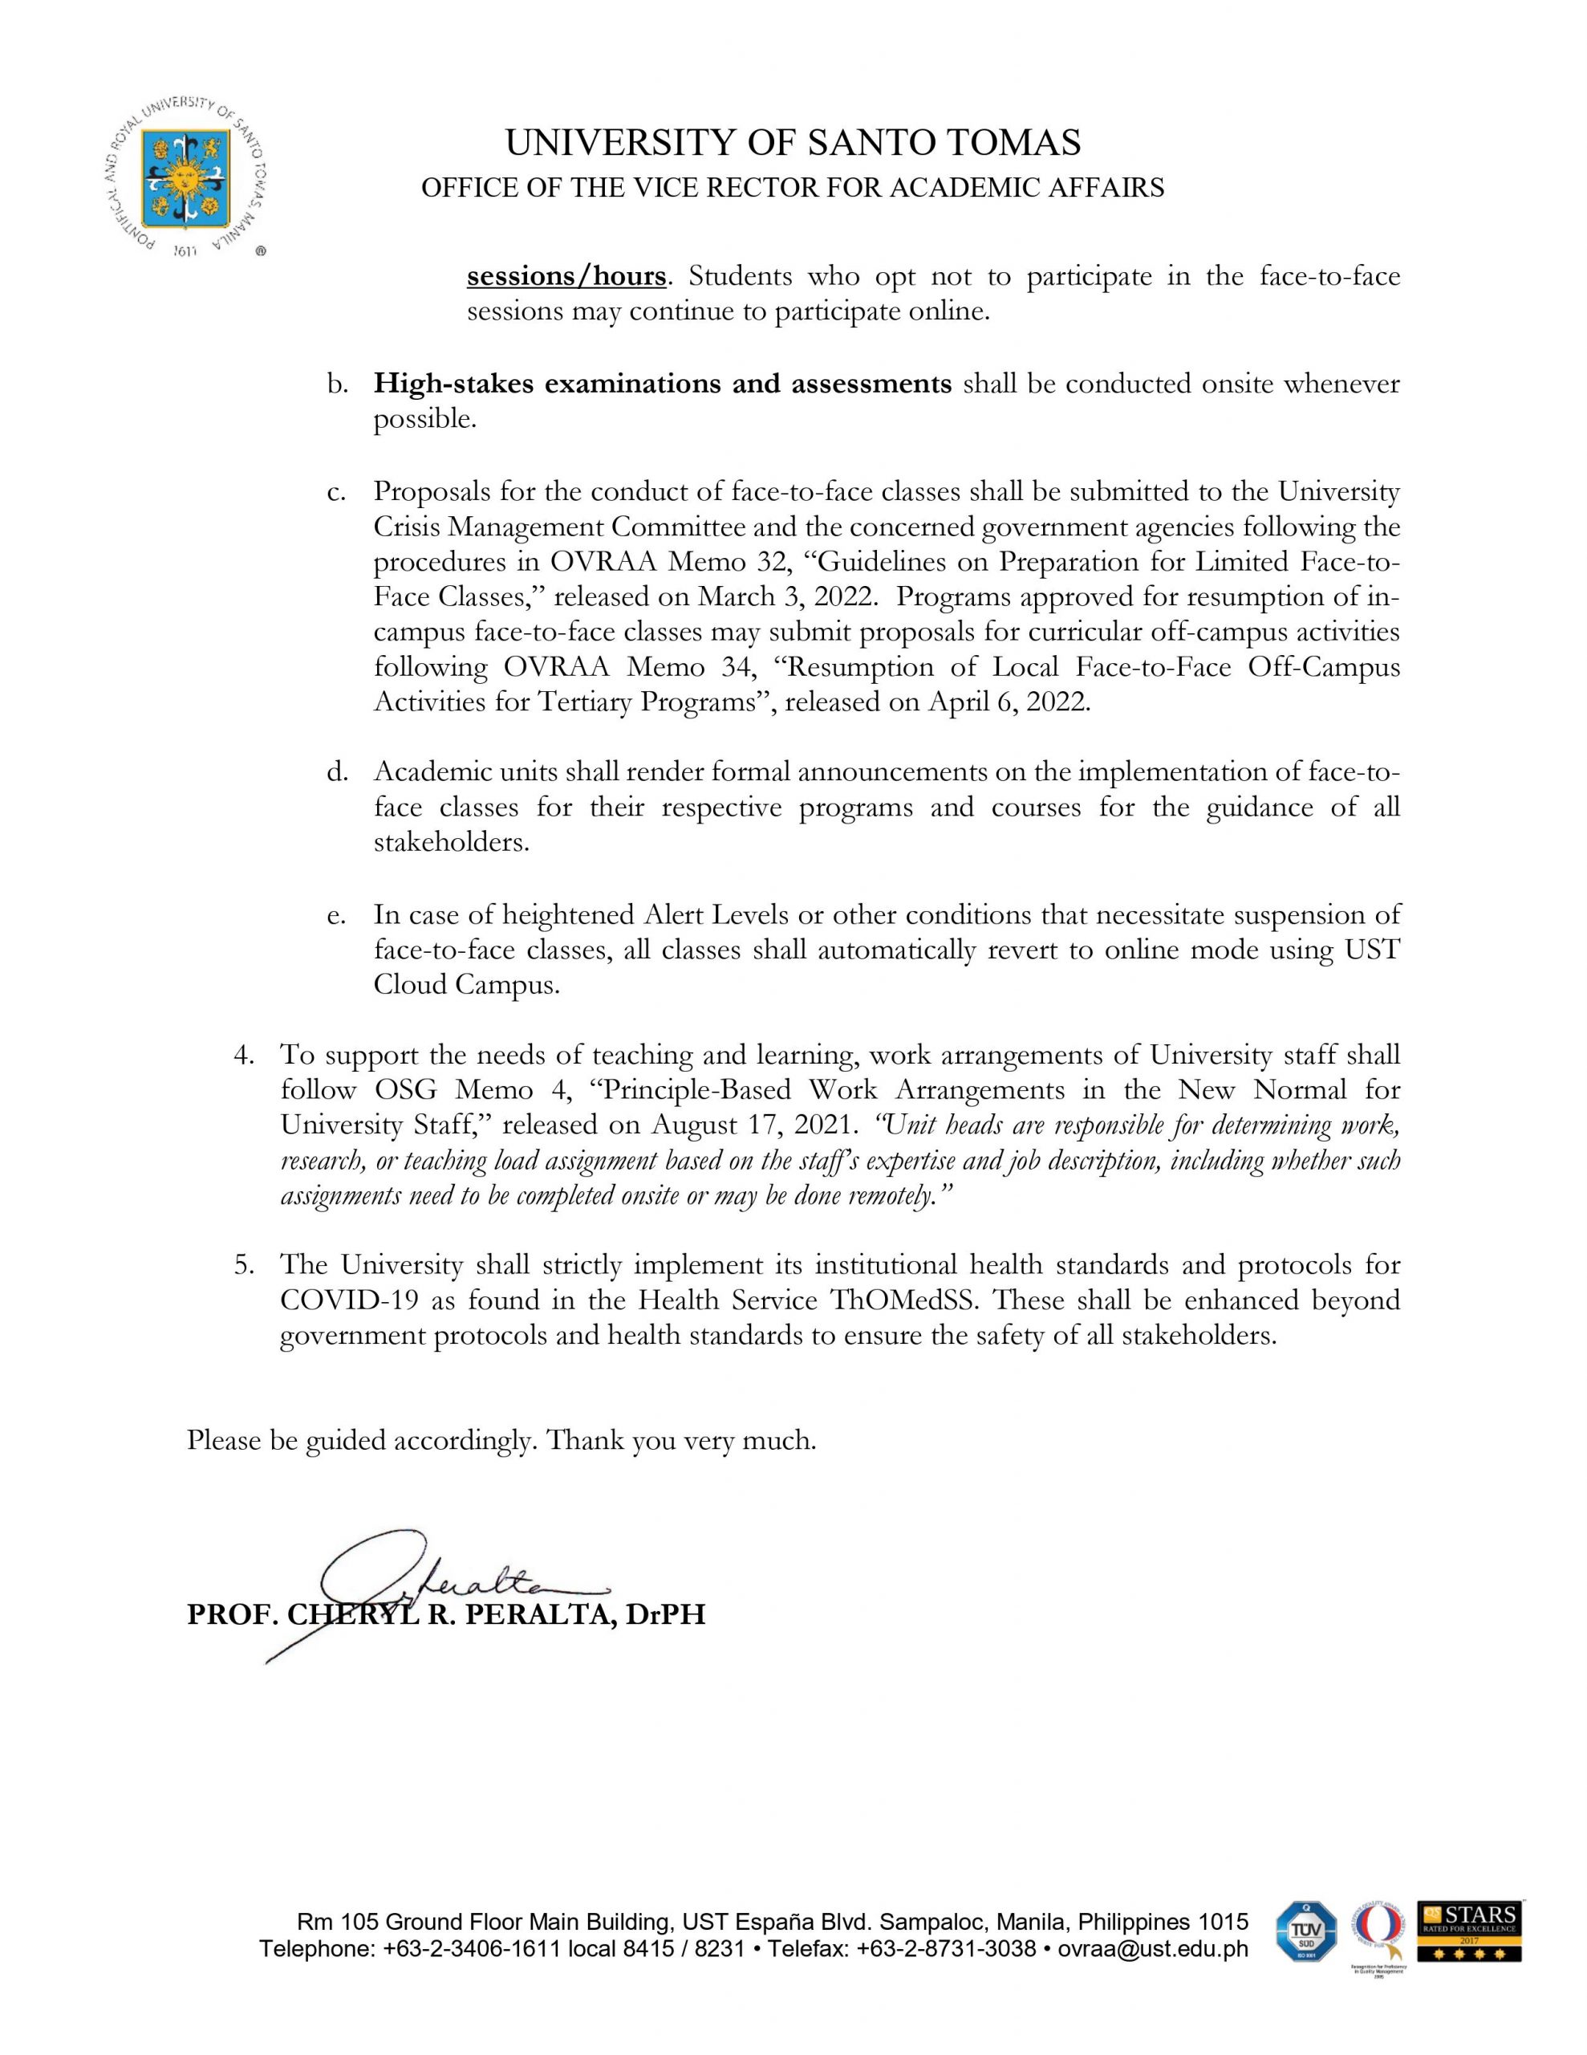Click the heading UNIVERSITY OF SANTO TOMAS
792,143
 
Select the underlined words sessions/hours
566,277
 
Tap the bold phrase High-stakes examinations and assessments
662,384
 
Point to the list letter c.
336,491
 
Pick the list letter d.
337,772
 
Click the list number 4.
243,1055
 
